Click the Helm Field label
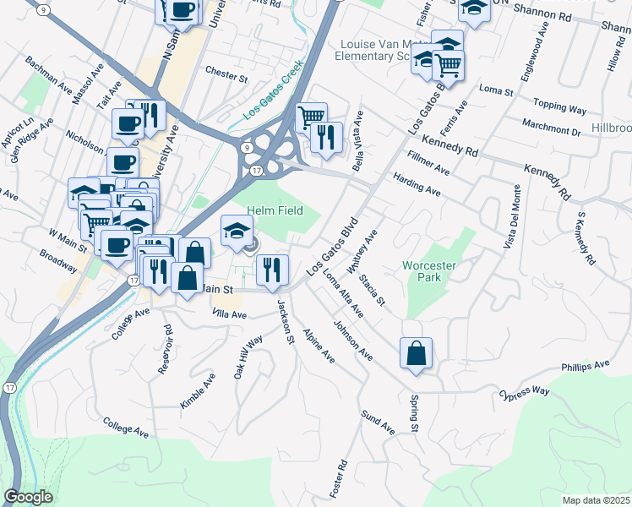[275, 210]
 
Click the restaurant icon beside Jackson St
[272, 270]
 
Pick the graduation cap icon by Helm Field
[237, 231]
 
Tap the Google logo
[28, 497]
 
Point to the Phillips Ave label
[585, 366]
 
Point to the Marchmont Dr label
[551, 132]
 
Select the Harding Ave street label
[417, 185]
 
